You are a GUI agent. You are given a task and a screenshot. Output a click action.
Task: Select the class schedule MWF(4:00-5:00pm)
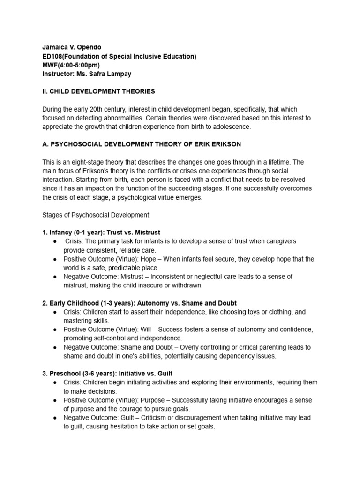(70, 65)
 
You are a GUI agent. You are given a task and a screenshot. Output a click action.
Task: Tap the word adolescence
(231, 127)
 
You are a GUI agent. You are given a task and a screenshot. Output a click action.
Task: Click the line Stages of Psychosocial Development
(96, 215)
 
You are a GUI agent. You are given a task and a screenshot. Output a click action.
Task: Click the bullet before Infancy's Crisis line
(56, 241)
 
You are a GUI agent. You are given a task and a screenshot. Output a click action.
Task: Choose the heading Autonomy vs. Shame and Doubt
(183, 303)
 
